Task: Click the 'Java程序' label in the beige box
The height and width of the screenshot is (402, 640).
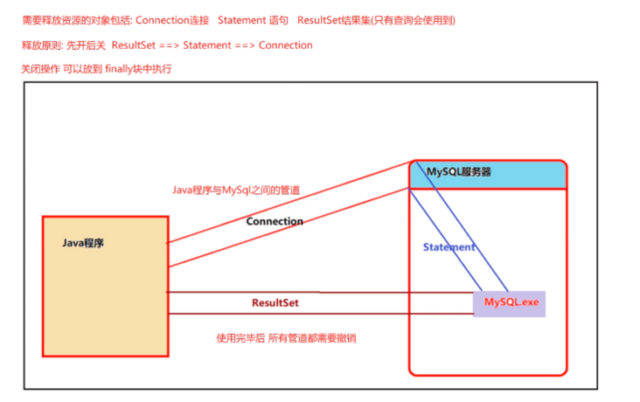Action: [83, 243]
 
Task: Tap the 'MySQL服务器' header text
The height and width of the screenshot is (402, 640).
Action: [458, 172]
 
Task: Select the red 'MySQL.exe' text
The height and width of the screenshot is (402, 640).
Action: [512, 301]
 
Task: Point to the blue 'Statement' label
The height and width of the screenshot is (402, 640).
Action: [449, 247]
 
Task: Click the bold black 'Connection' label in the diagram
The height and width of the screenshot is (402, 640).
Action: [275, 221]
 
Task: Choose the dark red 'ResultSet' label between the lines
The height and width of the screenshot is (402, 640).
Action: [276, 302]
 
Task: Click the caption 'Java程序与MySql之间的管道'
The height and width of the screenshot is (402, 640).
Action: [236, 190]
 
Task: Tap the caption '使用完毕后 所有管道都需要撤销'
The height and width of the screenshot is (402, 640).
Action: [286, 337]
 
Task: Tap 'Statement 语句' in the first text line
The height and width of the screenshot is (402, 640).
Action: [250, 19]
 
